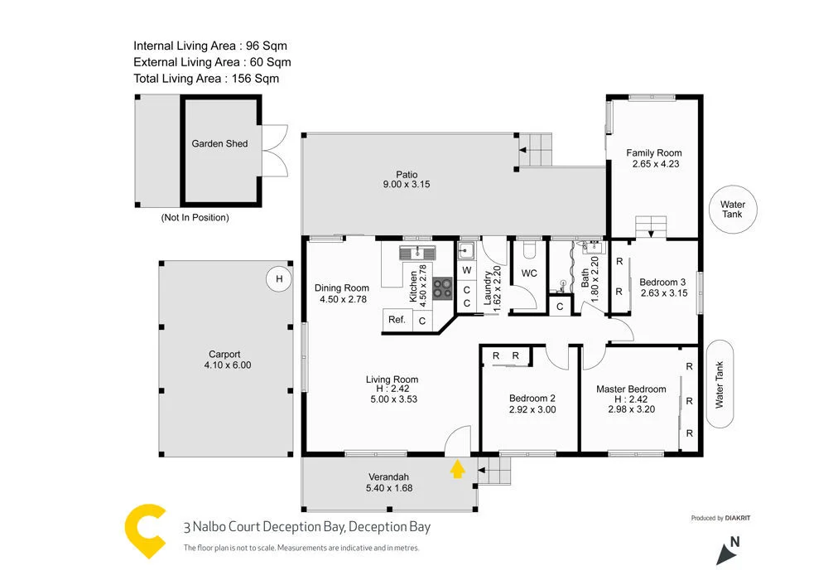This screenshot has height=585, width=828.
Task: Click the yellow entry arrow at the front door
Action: coord(456,470)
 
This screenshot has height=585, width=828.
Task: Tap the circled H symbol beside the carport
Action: coord(279,279)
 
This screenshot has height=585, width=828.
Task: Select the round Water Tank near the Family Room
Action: coord(732,209)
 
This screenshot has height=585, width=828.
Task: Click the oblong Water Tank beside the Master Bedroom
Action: coord(719,384)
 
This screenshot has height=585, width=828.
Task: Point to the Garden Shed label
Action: coord(219,143)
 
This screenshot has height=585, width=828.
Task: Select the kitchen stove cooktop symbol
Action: coord(442,288)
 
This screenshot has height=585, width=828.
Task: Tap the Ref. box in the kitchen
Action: coord(397,320)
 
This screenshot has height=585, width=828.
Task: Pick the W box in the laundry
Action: coord(467,270)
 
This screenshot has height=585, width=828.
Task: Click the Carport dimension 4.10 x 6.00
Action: coord(224,365)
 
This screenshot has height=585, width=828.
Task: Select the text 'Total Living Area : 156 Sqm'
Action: coord(206,79)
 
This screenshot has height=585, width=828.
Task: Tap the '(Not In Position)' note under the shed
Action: coord(195,218)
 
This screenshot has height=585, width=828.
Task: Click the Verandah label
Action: coord(389,476)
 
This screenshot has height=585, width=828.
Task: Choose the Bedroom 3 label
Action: coord(662,282)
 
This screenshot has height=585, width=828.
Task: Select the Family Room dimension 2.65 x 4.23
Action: coord(654,164)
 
